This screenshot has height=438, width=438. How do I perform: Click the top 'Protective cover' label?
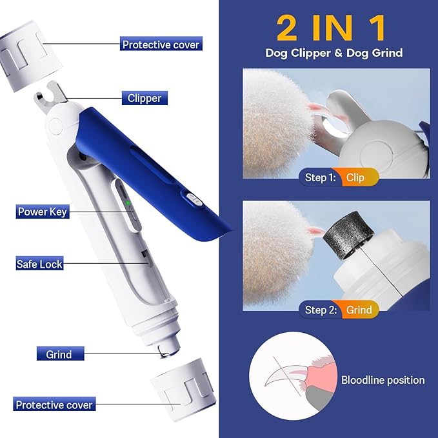161,45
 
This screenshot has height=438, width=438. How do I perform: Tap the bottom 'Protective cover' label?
54,405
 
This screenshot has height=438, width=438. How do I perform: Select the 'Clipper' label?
144,98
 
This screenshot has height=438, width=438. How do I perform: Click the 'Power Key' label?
42,212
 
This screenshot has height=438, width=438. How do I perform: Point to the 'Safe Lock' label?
39,263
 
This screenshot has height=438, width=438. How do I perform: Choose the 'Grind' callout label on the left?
59,354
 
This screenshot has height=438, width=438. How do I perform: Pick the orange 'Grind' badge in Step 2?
359,310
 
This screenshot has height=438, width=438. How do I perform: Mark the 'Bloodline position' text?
383,380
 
